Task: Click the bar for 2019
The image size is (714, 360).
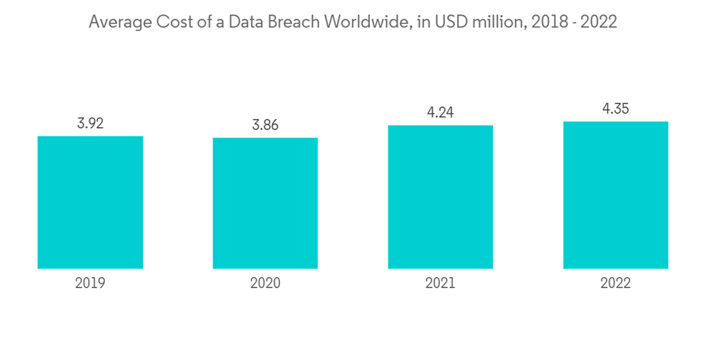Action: tap(90, 202)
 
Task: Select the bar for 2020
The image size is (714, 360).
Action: tap(265, 203)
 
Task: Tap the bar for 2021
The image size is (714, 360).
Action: tap(441, 197)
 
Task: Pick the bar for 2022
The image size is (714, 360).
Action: tap(615, 195)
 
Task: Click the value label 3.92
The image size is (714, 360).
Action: tap(90, 124)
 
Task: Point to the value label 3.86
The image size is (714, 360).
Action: tap(265, 126)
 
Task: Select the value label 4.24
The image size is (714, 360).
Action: tap(441, 113)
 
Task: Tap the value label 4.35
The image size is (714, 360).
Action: tap(615, 109)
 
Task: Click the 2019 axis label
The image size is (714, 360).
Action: tap(90, 284)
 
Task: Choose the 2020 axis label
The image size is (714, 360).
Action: tap(265, 284)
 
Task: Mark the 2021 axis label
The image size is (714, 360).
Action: tap(441, 284)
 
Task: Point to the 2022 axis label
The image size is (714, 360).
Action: tap(615, 284)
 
